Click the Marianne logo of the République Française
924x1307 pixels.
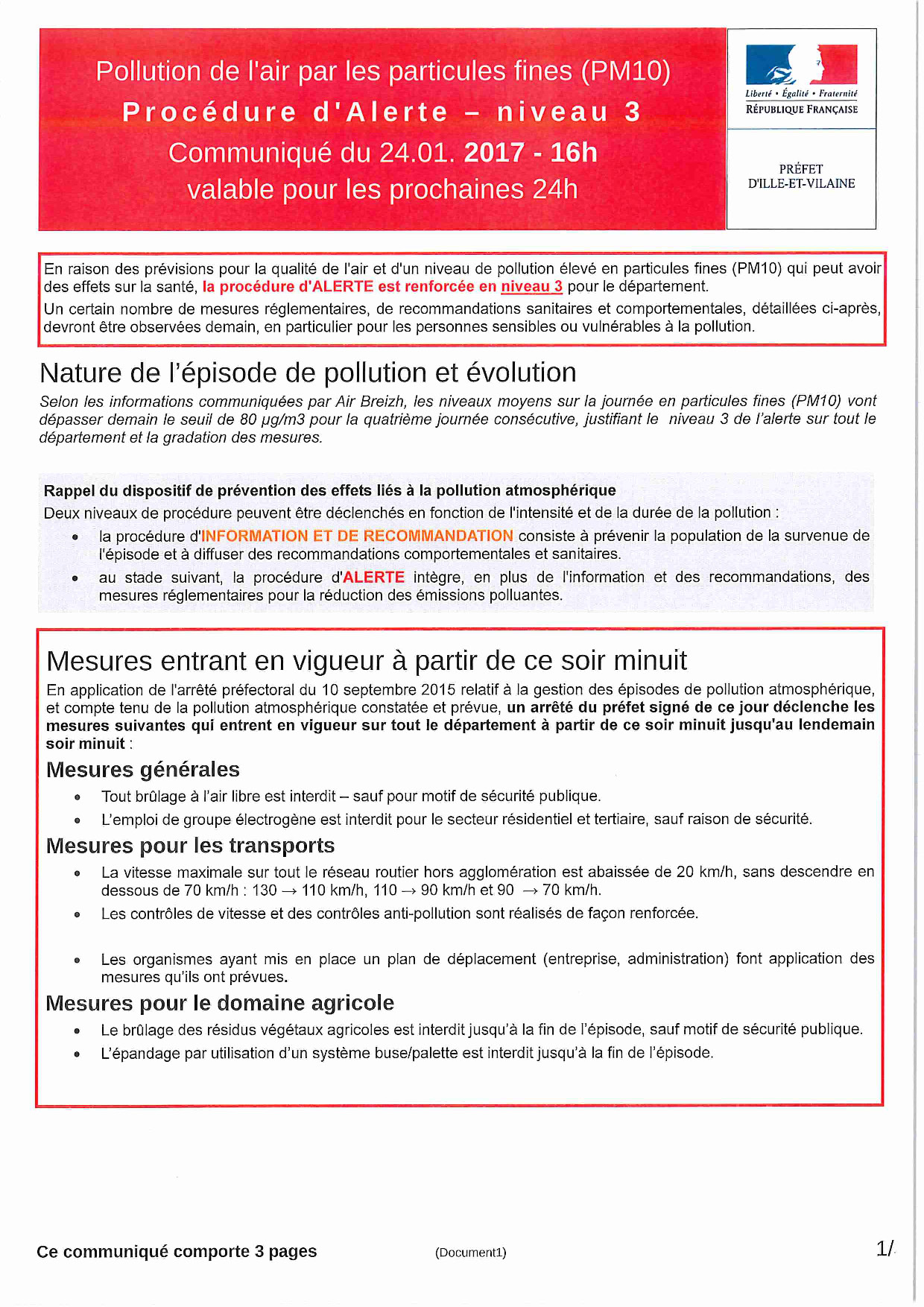[x=801, y=65]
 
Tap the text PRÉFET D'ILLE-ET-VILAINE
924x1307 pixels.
[x=801, y=177]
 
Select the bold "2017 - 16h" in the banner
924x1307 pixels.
[x=531, y=153]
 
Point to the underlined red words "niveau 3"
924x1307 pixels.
[x=531, y=287]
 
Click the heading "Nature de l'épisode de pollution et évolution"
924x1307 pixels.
[x=308, y=373]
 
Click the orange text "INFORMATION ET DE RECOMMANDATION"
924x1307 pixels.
[x=357, y=536]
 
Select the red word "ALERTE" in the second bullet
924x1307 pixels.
[x=373, y=577]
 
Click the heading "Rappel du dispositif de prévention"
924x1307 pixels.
[x=329, y=490]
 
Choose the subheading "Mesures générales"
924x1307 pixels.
[x=143, y=770]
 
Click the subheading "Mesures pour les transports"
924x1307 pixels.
[x=190, y=846]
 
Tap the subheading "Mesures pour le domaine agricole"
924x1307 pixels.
[x=220, y=1004]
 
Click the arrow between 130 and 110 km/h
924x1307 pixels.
[x=289, y=891]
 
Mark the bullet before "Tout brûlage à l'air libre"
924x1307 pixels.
[x=77, y=797]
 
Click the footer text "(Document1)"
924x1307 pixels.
[x=470, y=1253]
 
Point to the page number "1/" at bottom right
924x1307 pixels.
[x=885, y=1249]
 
